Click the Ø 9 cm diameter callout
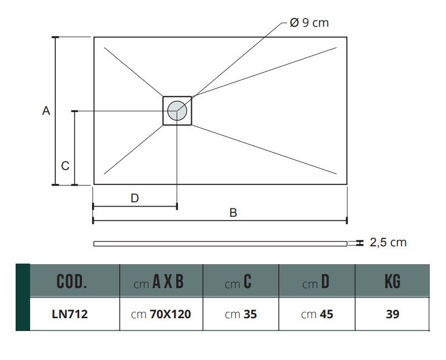(x=309, y=23)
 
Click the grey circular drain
(x=177, y=110)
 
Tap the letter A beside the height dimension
(x=46, y=110)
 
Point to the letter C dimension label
(x=65, y=166)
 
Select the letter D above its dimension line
(x=134, y=198)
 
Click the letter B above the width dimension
(x=233, y=213)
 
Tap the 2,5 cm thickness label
(x=388, y=242)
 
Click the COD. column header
(x=72, y=281)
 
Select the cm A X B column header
(x=158, y=281)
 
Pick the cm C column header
(x=238, y=281)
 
